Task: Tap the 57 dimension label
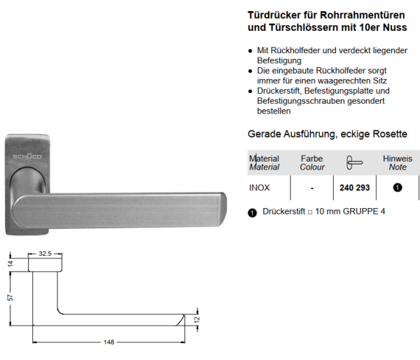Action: pos(10,297)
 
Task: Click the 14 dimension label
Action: pos(10,264)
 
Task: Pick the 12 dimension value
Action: pos(197,319)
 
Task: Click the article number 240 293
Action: pos(353,188)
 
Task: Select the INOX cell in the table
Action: pos(260,188)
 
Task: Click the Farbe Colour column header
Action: pos(311,163)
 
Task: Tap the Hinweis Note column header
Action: pos(397,163)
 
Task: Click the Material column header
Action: pos(265,163)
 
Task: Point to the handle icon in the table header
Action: pos(354,162)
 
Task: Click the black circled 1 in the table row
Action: pos(397,188)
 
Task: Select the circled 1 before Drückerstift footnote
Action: pos(253,212)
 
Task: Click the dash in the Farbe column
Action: pos(311,188)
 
